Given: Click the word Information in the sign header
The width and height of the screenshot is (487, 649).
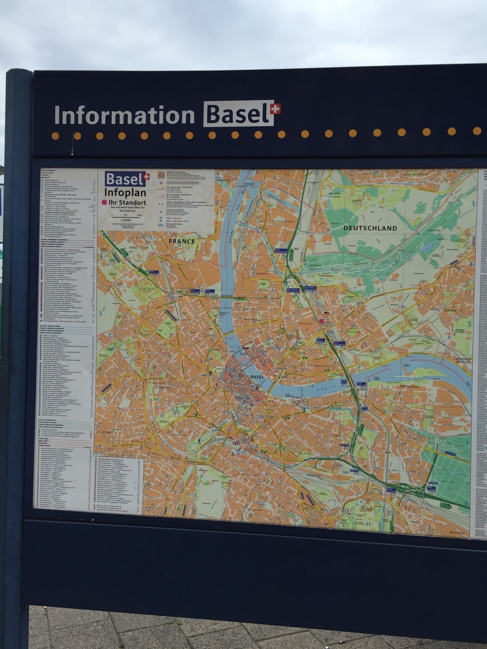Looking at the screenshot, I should click(125, 115).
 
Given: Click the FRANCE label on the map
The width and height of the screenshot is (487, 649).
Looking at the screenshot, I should click(182, 241).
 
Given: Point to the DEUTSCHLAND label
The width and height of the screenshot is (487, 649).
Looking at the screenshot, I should click(370, 228).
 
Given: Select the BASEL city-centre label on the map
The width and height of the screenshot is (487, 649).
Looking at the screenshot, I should click(257, 377).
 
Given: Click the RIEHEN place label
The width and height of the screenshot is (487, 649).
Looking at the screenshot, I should click(450, 310).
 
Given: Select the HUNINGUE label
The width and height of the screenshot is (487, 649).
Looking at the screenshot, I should click(223, 180).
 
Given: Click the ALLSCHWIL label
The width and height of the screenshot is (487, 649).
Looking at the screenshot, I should click(104, 432).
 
